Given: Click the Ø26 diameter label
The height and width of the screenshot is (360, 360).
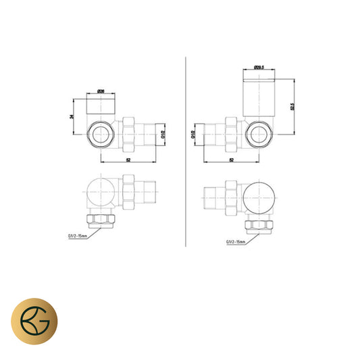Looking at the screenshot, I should [x=100, y=91].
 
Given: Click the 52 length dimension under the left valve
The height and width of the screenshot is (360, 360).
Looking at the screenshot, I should [x=128, y=160].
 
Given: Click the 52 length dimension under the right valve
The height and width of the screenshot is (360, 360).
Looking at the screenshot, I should [x=231, y=160].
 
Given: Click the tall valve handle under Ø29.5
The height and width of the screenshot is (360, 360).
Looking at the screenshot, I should [x=257, y=95].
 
